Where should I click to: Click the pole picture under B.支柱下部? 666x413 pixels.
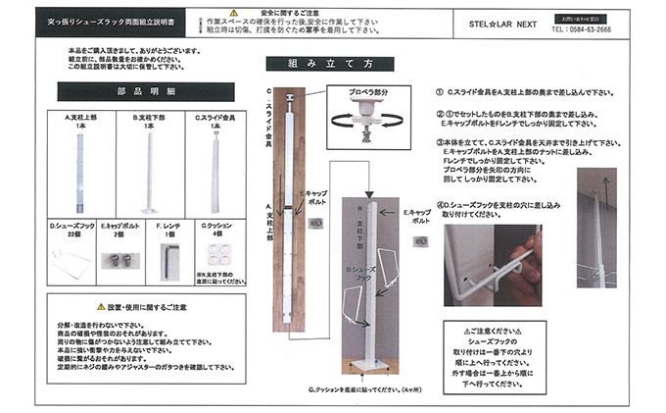150,172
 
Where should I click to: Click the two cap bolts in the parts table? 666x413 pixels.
119,261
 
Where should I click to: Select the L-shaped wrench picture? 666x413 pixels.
168,260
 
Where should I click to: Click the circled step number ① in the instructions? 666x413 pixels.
439,91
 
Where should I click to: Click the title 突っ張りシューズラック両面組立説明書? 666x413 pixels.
110,20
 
